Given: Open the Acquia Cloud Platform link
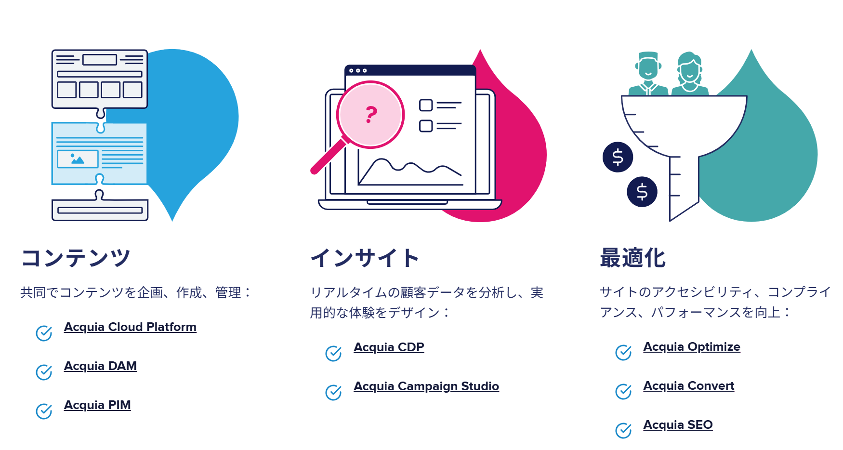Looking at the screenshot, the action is click(x=130, y=327).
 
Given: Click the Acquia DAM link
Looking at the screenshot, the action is click(x=100, y=366).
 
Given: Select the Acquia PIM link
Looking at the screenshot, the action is click(x=97, y=405).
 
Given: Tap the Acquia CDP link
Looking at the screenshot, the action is click(x=389, y=347).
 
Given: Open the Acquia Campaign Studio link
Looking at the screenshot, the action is click(x=426, y=386).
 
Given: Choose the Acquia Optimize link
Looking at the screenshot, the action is click(x=692, y=347).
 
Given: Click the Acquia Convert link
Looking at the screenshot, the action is click(x=689, y=386).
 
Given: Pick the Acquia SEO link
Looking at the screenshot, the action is click(x=678, y=425).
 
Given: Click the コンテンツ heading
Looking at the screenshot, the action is click(x=76, y=258).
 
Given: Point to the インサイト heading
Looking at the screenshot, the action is click(x=365, y=258).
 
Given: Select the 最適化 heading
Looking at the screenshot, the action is click(x=633, y=258).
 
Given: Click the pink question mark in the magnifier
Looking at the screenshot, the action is click(x=371, y=114).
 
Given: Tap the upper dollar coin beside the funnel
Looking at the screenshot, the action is click(x=618, y=157).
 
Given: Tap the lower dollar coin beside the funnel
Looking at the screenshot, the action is click(x=642, y=192).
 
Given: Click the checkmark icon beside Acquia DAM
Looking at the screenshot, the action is click(x=44, y=372).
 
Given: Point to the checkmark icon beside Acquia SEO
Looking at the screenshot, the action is click(x=623, y=430).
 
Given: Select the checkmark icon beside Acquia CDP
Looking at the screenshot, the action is click(x=333, y=353).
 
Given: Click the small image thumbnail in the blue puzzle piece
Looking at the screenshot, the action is click(x=78, y=159).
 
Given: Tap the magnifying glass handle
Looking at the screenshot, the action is click(x=329, y=156).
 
